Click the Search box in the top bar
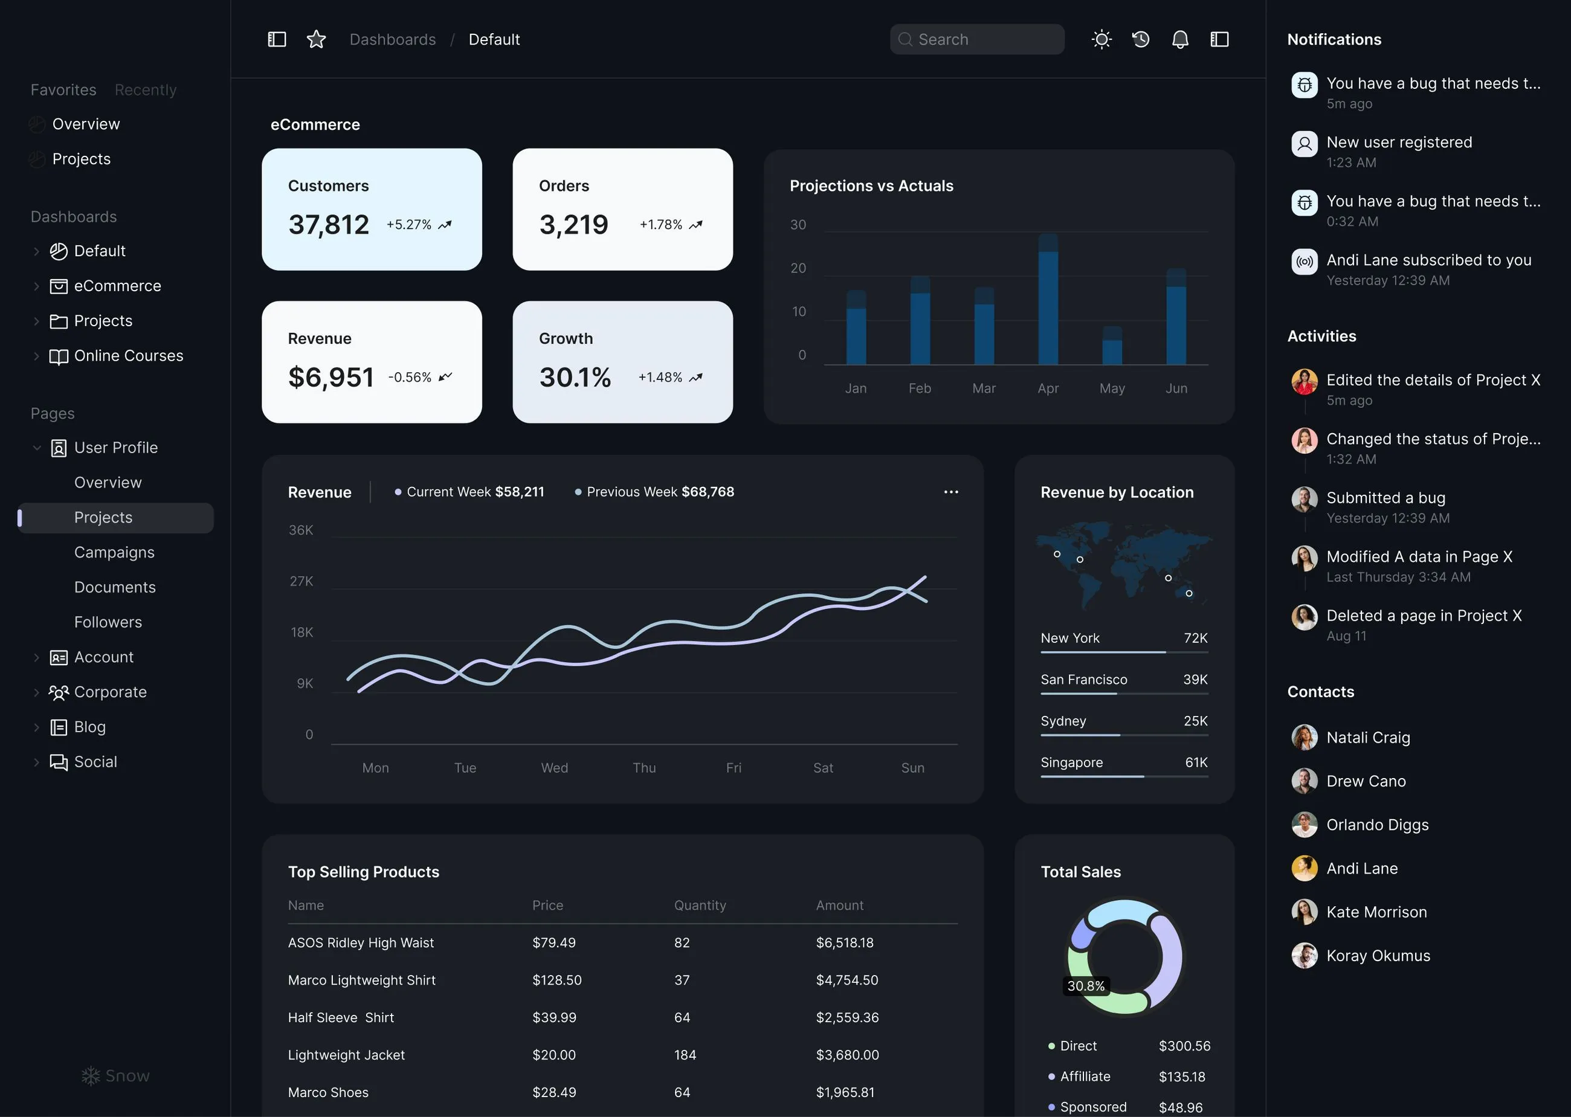[x=976, y=39]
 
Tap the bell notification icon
[x=1179, y=39]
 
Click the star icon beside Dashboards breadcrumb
[x=316, y=39]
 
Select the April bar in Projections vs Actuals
[x=1048, y=303]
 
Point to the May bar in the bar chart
[x=1112, y=347]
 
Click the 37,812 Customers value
[x=329, y=225]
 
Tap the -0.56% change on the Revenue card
[x=410, y=377]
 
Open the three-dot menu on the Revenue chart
[x=950, y=492]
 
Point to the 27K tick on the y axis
[x=302, y=581]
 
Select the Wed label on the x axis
[x=555, y=768]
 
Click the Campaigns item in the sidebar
[x=114, y=552]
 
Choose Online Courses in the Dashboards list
[x=129, y=356]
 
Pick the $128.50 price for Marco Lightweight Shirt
[x=556, y=979]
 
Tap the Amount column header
[x=839, y=905]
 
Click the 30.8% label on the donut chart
[x=1085, y=986]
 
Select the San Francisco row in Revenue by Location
[x=1124, y=680]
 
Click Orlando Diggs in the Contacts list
[x=1377, y=825]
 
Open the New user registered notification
[x=1399, y=143]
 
